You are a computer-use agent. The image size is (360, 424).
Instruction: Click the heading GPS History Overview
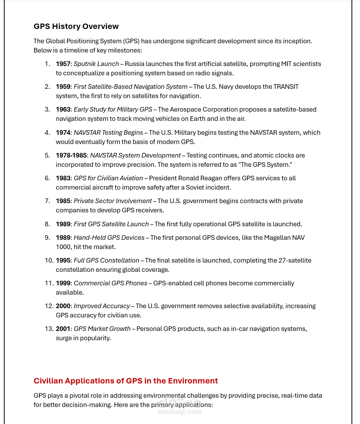click(x=76, y=26)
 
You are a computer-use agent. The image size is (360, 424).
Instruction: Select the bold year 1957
click(x=63, y=64)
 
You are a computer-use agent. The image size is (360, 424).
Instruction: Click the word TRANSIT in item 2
click(x=286, y=86)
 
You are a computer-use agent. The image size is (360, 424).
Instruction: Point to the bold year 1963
click(x=63, y=109)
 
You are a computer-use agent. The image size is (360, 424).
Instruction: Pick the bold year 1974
click(x=63, y=132)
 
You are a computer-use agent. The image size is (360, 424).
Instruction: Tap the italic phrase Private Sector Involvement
click(x=112, y=201)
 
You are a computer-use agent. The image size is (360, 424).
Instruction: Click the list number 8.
click(x=47, y=224)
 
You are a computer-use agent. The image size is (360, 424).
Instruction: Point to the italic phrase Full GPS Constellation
click(x=106, y=260)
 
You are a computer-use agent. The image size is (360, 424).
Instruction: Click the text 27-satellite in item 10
click(x=295, y=260)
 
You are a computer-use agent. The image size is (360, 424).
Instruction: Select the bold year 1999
click(x=63, y=283)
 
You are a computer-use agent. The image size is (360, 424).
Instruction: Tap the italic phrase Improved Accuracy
click(x=102, y=306)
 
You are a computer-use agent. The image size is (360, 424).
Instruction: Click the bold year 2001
click(x=63, y=329)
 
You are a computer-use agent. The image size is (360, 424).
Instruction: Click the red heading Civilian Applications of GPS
click(x=126, y=381)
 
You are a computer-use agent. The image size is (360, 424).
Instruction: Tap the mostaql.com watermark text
click(x=180, y=412)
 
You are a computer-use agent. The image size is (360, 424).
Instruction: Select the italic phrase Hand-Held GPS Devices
click(x=109, y=237)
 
